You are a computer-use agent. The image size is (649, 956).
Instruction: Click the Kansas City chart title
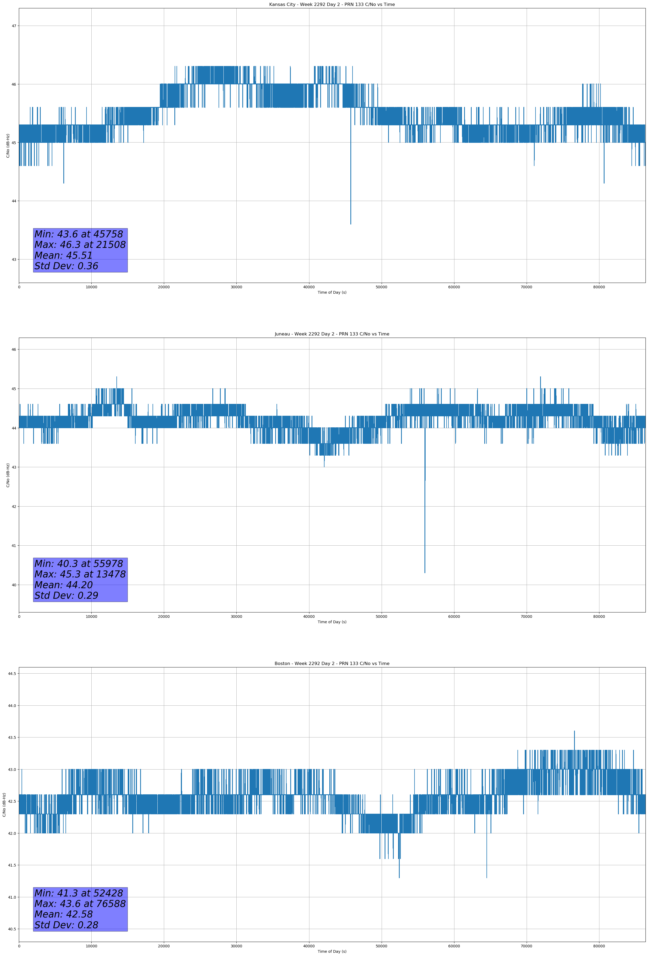[332, 5]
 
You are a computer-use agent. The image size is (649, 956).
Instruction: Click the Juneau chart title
[332, 334]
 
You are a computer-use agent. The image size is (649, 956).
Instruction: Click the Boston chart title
[332, 664]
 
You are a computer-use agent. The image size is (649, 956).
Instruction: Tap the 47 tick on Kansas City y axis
[14, 26]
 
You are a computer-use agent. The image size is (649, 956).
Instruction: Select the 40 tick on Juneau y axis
[14, 585]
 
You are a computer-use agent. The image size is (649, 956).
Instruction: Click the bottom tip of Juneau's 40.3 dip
[425, 573]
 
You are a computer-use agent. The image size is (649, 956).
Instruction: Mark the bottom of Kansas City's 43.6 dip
[351, 224]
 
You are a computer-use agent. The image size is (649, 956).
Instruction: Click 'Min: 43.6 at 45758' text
[79, 234]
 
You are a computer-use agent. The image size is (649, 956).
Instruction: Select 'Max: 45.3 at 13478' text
[80, 574]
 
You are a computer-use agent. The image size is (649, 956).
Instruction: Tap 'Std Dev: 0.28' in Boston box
[66, 925]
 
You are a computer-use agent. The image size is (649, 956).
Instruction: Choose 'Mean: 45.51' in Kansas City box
[63, 255]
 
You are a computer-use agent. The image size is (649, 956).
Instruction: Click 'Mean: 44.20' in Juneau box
[63, 585]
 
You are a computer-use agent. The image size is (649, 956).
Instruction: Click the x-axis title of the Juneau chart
[332, 622]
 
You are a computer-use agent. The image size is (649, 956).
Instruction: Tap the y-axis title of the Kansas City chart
[8, 146]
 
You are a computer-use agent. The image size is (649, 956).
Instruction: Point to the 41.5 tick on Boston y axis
[12, 865]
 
